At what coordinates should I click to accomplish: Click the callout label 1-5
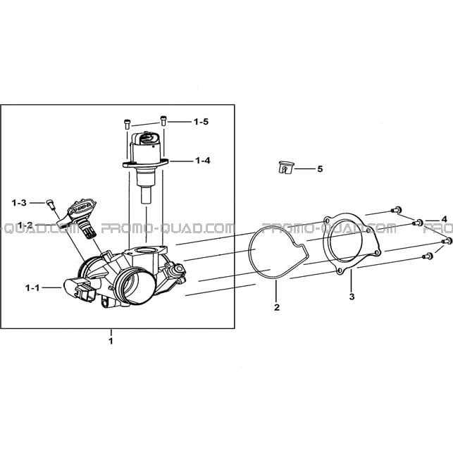pyautogui.click(x=201, y=122)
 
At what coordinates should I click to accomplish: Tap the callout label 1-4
pyautogui.click(x=203, y=161)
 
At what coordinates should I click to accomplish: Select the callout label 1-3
pyautogui.click(x=19, y=203)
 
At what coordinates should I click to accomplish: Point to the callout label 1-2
pyautogui.click(x=25, y=225)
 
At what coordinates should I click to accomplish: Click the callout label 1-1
pyautogui.click(x=32, y=287)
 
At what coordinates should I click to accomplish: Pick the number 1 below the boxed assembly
pyautogui.click(x=111, y=341)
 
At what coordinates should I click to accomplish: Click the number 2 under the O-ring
pyautogui.click(x=277, y=307)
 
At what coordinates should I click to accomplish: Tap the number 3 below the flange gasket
pyautogui.click(x=352, y=297)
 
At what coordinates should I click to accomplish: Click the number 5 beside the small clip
pyautogui.click(x=320, y=168)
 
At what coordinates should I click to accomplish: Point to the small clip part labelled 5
pyautogui.click(x=286, y=168)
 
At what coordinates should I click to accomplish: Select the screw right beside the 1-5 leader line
pyautogui.click(x=163, y=120)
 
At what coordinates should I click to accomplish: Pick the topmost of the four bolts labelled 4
pyautogui.click(x=396, y=209)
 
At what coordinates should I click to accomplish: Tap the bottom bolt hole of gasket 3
pyautogui.click(x=340, y=271)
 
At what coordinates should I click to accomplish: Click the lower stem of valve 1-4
pyautogui.click(x=146, y=196)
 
